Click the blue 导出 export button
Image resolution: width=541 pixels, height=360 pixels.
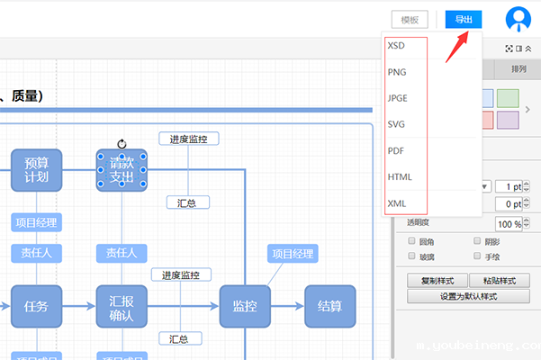tap(464, 20)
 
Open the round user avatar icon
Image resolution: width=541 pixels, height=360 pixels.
tap(518, 20)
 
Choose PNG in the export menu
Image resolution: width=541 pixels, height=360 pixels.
tap(397, 71)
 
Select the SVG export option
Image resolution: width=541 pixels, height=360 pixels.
tap(396, 124)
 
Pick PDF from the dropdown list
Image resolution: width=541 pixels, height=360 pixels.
tap(396, 150)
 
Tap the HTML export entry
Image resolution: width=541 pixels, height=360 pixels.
tap(400, 177)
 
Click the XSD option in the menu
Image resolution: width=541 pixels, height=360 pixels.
tap(396, 45)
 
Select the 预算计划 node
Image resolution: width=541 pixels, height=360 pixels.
tap(37, 170)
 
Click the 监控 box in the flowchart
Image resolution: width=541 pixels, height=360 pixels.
tap(245, 306)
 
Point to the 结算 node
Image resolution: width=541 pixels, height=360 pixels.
tap(329, 306)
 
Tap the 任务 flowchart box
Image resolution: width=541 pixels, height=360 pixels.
tap(37, 306)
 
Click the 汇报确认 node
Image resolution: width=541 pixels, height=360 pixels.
tap(122, 306)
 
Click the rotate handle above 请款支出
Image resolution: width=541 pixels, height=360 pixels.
tap(122, 143)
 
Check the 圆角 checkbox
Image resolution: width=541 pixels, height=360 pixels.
tap(412, 241)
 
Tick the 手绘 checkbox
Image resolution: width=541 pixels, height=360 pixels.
tap(478, 256)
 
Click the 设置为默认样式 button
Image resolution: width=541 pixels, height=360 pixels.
tap(468, 296)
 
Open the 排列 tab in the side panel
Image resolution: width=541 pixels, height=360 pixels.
tap(518, 69)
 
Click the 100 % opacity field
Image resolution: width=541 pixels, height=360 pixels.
tap(509, 223)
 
